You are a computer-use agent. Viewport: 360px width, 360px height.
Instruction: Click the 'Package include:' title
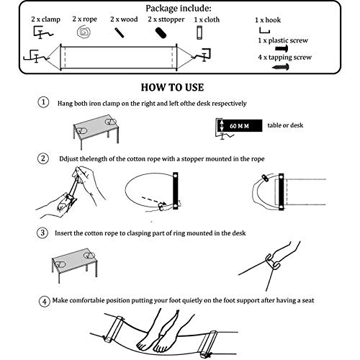(179, 9)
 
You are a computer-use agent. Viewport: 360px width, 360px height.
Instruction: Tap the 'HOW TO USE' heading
(172, 87)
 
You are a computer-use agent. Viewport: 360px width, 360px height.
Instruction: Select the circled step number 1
(43, 102)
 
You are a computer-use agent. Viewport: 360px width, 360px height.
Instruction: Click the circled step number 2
(43, 158)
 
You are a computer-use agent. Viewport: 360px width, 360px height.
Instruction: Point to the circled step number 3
(42, 233)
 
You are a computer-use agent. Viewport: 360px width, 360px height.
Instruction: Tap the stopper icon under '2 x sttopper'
(161, 33)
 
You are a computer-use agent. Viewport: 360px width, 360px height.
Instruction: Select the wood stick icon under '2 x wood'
(120, 32)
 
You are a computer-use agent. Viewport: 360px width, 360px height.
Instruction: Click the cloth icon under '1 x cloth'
(199, 32)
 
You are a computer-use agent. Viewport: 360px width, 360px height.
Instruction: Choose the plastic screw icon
(282, 48)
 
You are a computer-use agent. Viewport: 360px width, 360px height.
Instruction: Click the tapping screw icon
(281, 66)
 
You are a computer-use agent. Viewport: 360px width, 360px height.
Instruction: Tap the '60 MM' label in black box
(239, 126)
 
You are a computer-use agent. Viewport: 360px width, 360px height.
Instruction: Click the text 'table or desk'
(285, 125)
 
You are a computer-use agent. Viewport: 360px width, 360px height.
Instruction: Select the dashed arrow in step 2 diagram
(154, 201)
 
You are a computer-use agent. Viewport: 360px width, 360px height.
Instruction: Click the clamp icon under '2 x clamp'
(42, 32)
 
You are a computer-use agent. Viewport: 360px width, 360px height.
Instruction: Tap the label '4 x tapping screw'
(284, 58)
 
